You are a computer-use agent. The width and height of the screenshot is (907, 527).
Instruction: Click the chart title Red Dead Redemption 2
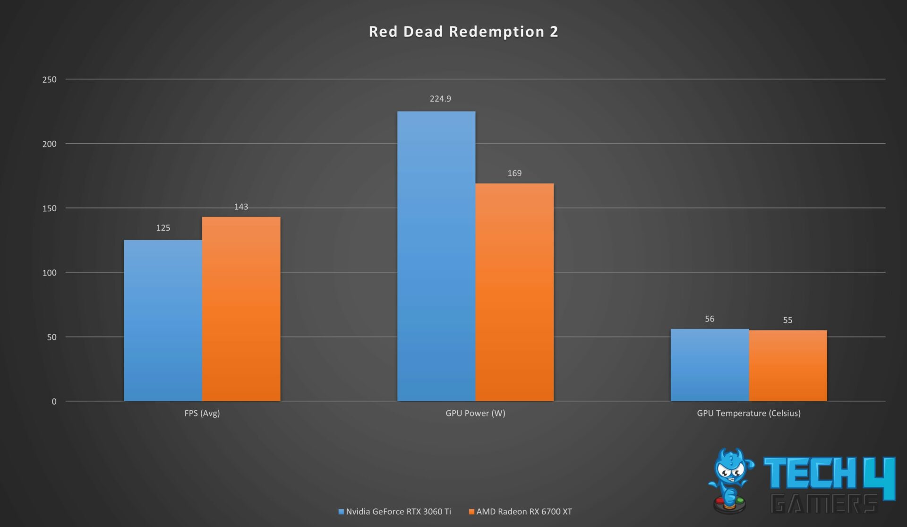pyautogui.click(x=463, y=32)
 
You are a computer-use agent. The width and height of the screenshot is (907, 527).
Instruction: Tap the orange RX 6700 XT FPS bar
pyautogui.click(x=241, y=309)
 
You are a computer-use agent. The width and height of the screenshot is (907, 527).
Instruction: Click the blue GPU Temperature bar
pyautogui.click(x=710, y=365)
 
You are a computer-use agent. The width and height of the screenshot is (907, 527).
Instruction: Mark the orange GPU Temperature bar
pyautogui.click(x=787, y=365)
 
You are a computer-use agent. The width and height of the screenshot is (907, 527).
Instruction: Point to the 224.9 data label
pyautogui.click(x=440, y=99)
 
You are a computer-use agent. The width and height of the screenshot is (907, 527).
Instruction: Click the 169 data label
pyautogui.click(x=514, y=173)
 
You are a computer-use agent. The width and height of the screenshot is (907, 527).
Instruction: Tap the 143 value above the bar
pyautogui.click(x=241, y=207)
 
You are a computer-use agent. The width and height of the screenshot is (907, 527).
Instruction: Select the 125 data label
pyautogui.click(x=163, y=228)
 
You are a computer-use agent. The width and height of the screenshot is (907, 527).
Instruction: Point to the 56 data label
pyautogui.click(x=710, y=319)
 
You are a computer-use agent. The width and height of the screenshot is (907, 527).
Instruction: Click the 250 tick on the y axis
pyautogui.click(x=49, y=79)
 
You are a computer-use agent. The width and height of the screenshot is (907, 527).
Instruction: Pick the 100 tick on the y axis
pyautogui.click(x=49, y=273)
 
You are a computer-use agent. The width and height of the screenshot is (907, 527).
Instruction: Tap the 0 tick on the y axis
pyautogui.click(x=54, y=402)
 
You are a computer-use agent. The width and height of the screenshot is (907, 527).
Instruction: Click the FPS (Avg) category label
pyautogui.click(x=202, y=413)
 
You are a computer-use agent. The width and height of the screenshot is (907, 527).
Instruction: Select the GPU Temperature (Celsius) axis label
pyautogui.click(x=749, y=413)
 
